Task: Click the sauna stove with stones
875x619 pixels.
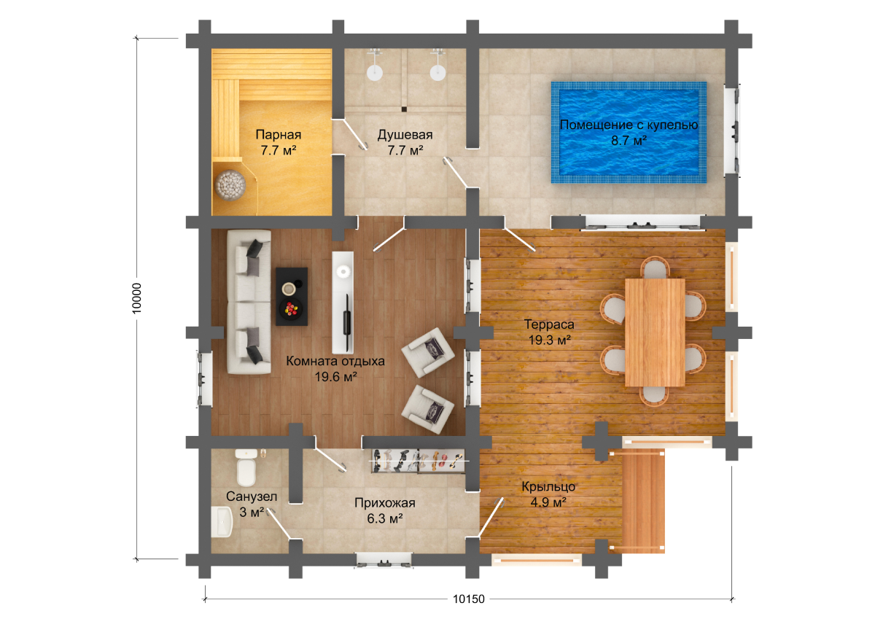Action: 230,185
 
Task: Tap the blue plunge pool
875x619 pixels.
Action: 629,133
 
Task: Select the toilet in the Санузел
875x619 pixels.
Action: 246,468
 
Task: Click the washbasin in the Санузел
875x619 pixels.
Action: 222,522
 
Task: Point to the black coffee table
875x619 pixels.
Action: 292,297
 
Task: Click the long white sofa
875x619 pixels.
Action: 249,302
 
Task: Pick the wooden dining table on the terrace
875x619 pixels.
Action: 655,332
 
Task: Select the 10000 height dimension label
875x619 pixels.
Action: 136,298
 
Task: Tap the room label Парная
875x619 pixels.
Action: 278,135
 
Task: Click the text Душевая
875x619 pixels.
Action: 405,135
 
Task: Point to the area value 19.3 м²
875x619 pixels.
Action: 549,340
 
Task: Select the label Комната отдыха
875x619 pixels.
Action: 335,361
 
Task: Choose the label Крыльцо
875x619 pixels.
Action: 548,487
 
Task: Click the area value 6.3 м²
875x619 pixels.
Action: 385,518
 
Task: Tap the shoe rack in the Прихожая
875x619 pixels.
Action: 418,462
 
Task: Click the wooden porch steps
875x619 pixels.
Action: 643,501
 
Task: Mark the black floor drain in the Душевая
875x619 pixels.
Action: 404,109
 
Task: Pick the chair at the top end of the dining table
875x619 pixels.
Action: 655,267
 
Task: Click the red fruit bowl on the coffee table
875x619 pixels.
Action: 291,309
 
